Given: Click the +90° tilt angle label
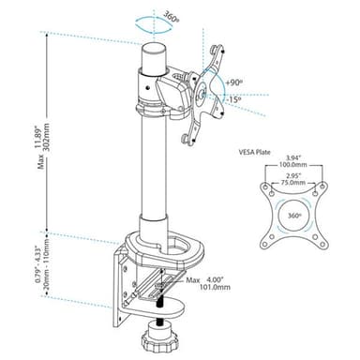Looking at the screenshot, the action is pyautogui.click(x=234, y=83).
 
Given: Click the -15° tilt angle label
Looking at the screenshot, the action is pyautogui.click(x=234, y=100).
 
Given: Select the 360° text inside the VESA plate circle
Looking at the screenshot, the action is pyautogui.click(x=293, y=216).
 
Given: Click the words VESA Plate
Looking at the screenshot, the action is pyautogui.click(x=254, y=153).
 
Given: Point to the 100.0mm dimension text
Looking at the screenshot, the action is pyautogui.click(x=293, y=165).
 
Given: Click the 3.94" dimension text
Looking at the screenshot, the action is pyautogui.click(x=293, y=157).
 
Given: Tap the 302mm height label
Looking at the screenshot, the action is pyautogui.click(x=47, y=137).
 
